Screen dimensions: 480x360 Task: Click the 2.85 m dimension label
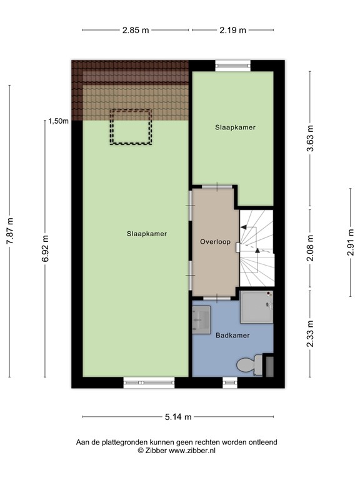coord(136,30)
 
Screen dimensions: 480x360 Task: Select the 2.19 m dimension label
coord(232,30)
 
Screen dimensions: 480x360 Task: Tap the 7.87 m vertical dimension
coord(9,234)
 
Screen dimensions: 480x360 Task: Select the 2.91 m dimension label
coord(351,242)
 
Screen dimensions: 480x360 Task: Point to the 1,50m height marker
coord(58,122)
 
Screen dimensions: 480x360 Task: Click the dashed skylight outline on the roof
coord(131,127)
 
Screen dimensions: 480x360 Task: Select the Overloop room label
coord(215,241)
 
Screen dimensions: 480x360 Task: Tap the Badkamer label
coord(232,336)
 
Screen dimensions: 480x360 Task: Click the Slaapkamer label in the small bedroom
coord(235,127)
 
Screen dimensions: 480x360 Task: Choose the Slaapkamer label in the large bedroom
coord(146,233)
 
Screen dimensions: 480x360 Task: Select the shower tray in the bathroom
coord(256,304)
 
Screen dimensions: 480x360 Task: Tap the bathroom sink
coord(202,320)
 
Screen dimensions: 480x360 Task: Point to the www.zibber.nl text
coord(194,450)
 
